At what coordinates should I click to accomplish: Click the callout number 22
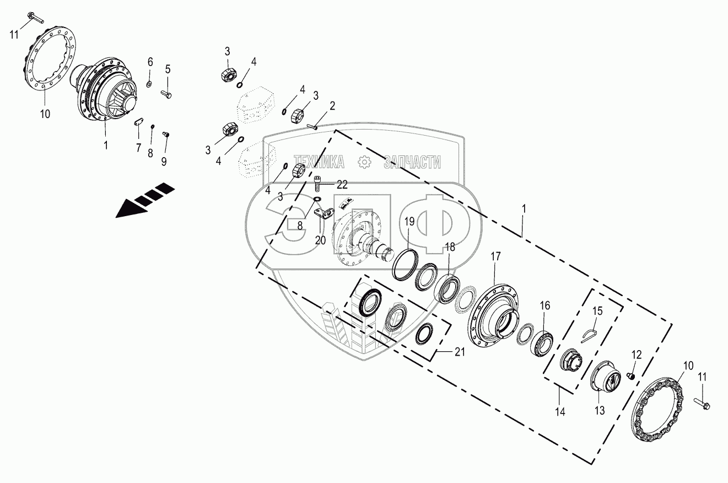[342, 183]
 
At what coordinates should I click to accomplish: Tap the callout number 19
[409, 222]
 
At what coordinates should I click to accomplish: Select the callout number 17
[496, 256]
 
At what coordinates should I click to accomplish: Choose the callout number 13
[599, 410]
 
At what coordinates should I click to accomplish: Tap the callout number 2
[332, 105]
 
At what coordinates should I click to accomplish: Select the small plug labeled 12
[633, 376]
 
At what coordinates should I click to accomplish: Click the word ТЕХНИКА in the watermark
[319, 162]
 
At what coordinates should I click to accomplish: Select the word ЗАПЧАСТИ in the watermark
[412, 162]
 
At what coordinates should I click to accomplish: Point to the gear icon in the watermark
[364, 162]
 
